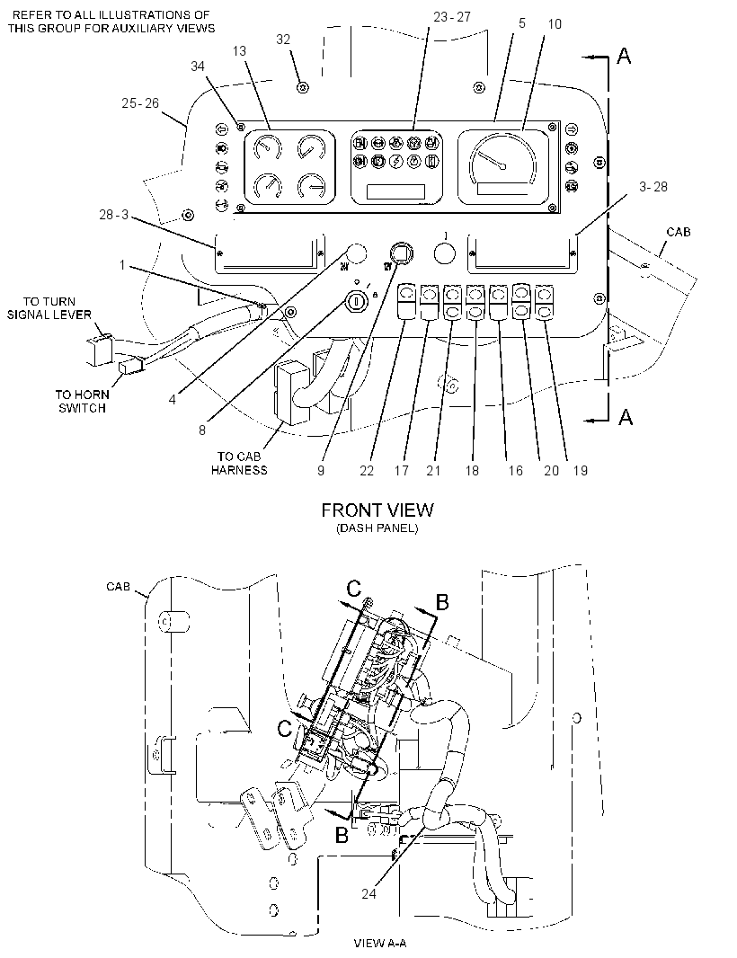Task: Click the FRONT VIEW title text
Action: pos(377,510)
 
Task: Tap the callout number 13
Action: pos(239,50)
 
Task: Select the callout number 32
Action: pos(283,40)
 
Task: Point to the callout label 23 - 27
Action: pos(451,17)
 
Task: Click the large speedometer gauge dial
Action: pos(502,164)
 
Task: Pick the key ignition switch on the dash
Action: pos(354,301)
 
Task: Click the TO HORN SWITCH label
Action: pos(82,402)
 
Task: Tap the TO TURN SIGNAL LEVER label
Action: pos(49,308)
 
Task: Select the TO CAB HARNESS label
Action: pos(239,463)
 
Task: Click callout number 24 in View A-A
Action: pos(368,893)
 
